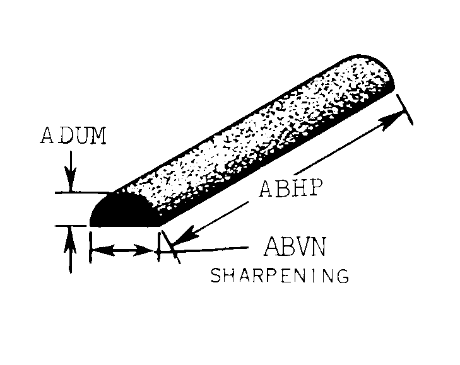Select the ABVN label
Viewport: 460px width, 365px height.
(294, 246)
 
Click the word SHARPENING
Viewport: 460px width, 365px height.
(280, 275)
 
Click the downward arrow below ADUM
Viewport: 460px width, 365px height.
(71, 180)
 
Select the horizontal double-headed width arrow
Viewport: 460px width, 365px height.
(124, 251)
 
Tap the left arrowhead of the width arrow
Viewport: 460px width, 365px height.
(97, 251)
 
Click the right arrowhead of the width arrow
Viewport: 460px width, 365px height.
(150, 251)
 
